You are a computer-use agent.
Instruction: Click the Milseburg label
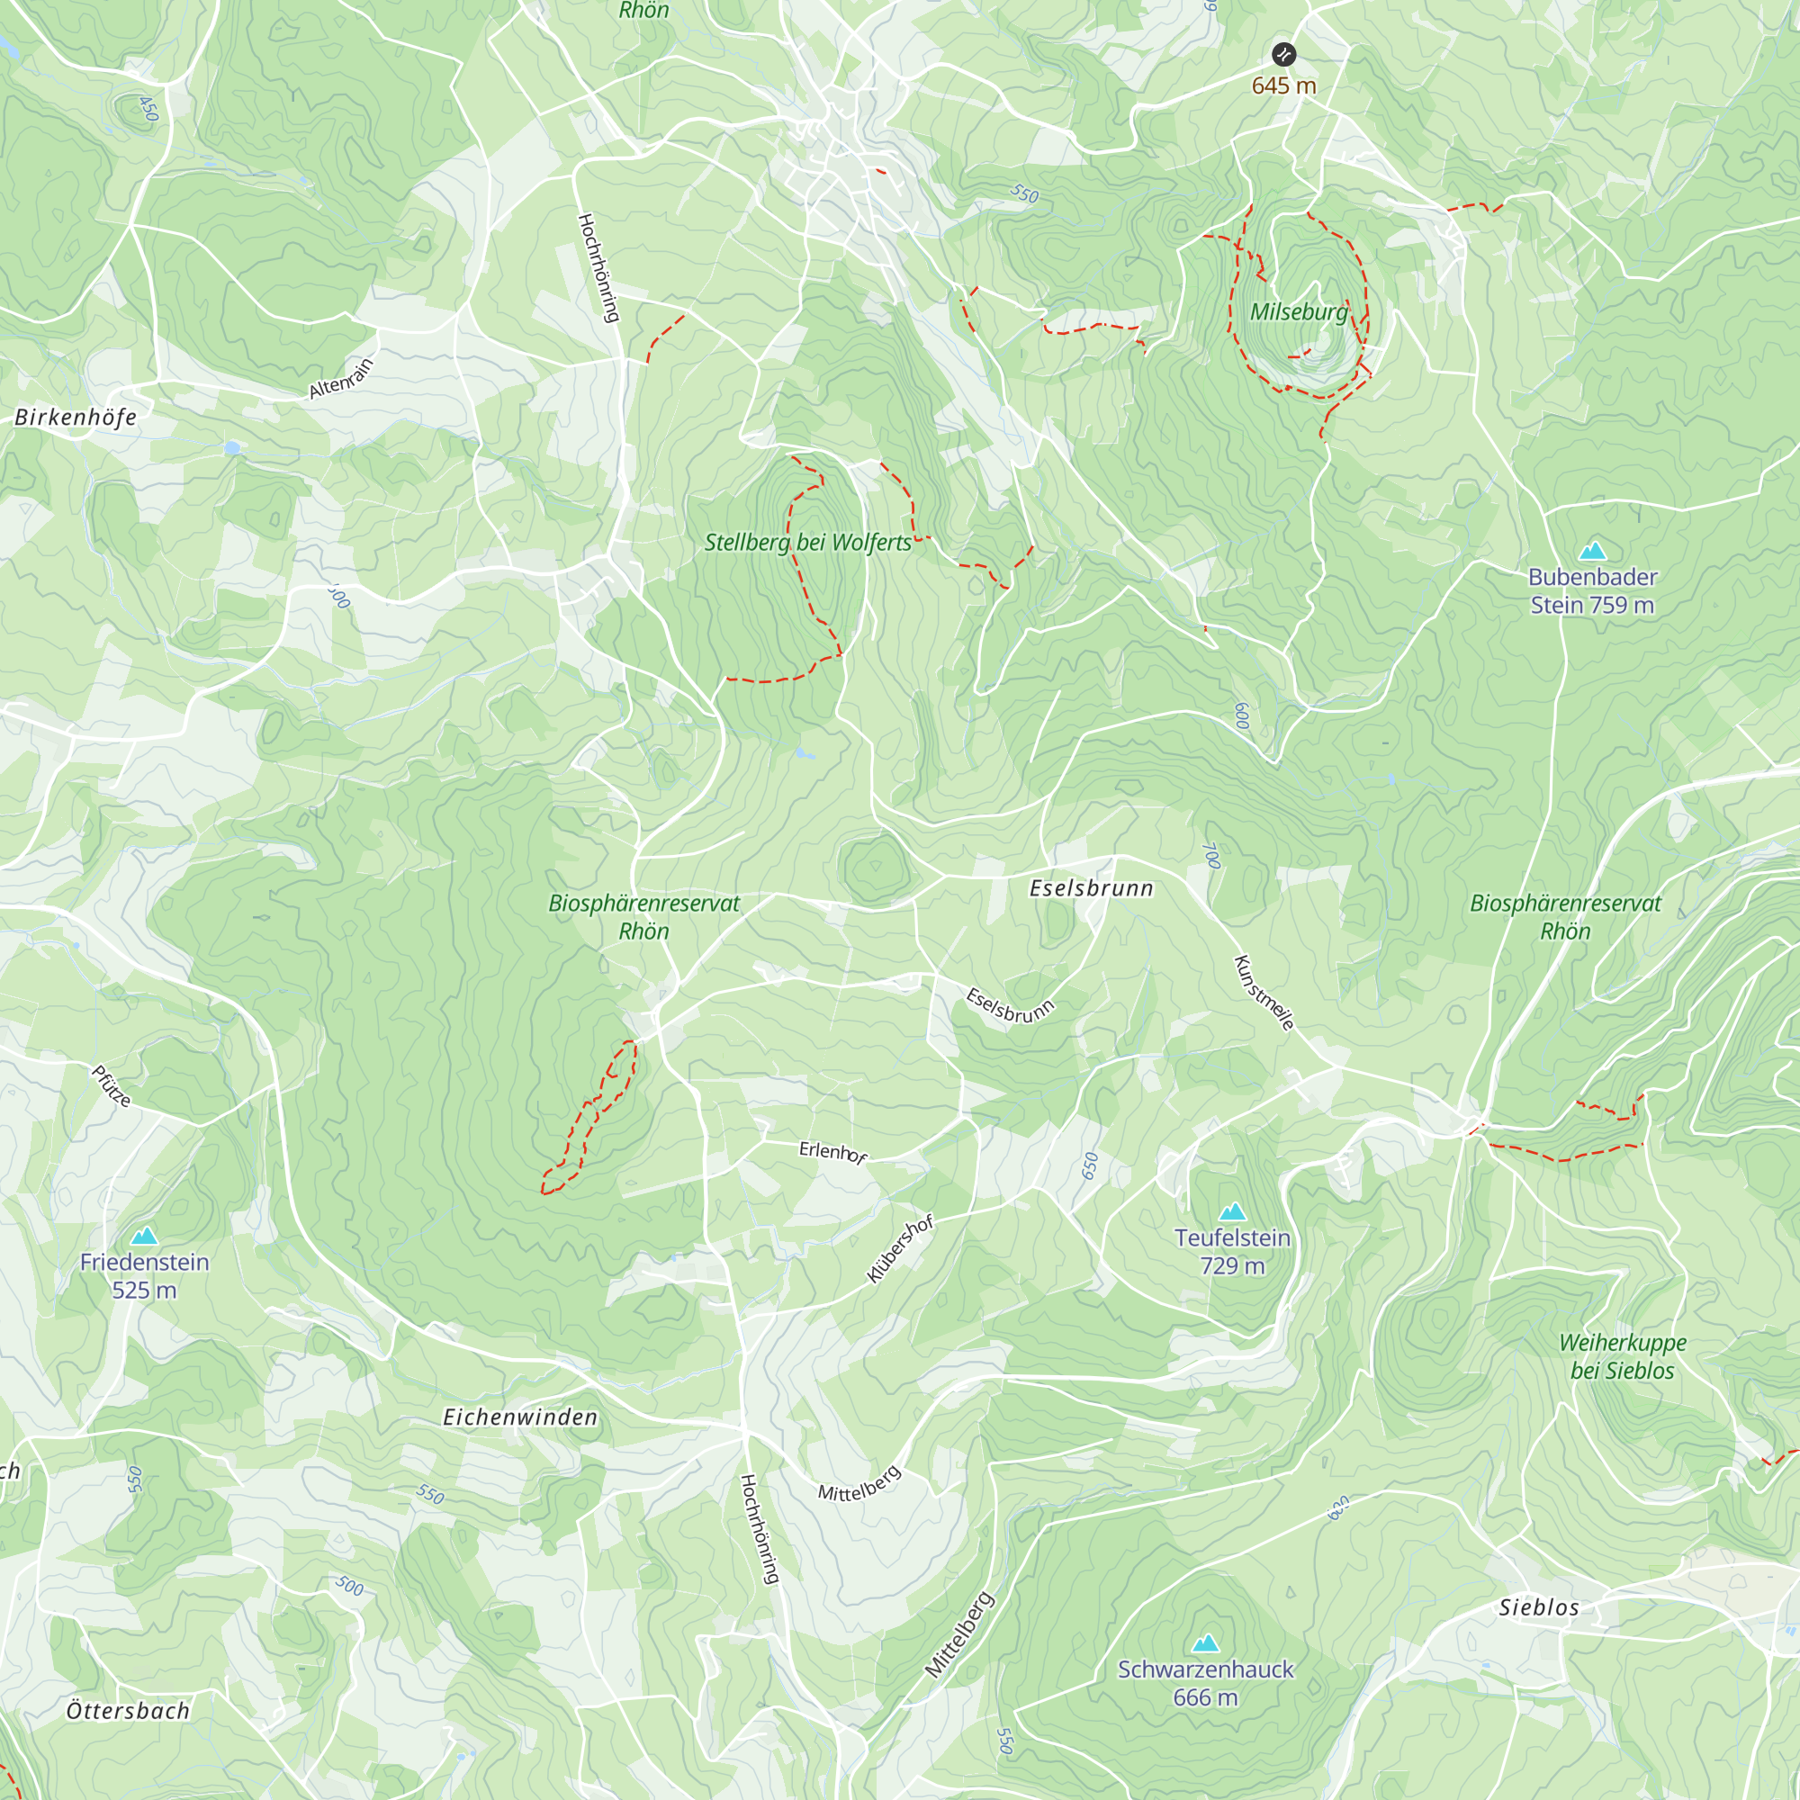[x=1299, y=312]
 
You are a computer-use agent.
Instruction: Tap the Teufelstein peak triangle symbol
[x=1233, y=1212]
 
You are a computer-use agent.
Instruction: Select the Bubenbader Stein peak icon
[x=1593, y=551]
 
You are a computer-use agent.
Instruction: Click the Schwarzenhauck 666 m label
[x=1206, y=1683]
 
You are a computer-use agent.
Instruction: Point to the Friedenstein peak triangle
[x=144, y=1237]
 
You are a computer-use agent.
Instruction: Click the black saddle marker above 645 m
[x=1284, y=54]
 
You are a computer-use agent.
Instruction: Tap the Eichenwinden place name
[x=520, y=1417]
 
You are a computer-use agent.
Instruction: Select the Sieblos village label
[x=1539, y=1607]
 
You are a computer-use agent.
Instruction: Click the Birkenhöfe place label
[x=76, y=418]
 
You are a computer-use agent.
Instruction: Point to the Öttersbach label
[x=128, y=1711]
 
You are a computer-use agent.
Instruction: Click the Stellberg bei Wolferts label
[x=808, y=542]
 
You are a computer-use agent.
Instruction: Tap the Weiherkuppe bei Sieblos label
[x=1622, y=1356]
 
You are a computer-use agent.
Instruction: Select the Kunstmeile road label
[x=1264, y=994]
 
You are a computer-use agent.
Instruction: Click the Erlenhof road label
[x=832, y=1153]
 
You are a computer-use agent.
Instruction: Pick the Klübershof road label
[x=900, y=1249]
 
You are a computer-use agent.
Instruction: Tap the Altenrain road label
[x=341, y=378]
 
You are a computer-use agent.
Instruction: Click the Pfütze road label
[x=111, y=1086]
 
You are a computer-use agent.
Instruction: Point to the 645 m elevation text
[x=1284, y=85]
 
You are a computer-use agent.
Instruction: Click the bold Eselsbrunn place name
[x=1091, y=889]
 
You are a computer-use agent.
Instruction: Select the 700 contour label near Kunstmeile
[x=1210, y=855]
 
